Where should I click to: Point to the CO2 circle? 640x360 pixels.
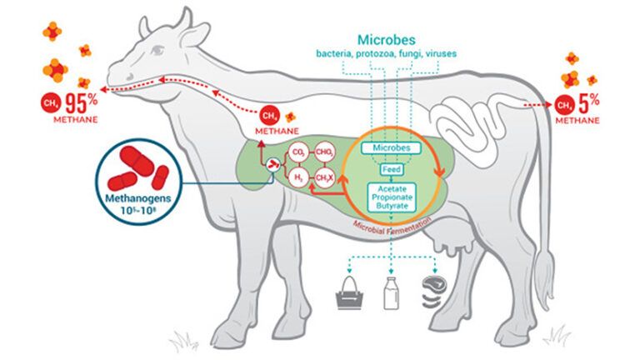(297, 153)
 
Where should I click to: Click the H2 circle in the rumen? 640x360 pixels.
(297, 177)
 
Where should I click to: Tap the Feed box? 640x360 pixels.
(392, 170)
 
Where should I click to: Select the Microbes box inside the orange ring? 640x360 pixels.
(392, 147)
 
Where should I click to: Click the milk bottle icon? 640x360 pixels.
(389, 292)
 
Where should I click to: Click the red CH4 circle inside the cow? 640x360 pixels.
(269, 114)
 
